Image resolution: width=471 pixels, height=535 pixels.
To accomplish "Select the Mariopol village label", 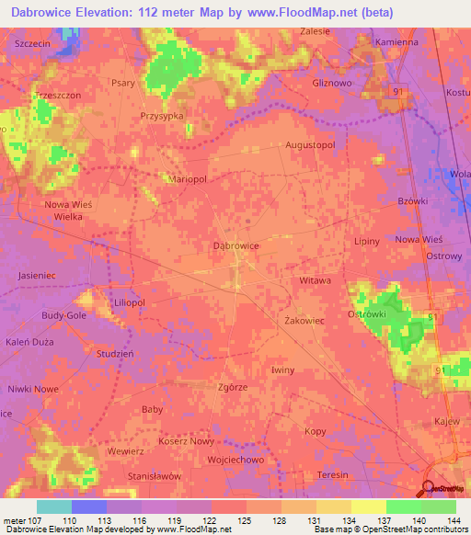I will pos(187,180).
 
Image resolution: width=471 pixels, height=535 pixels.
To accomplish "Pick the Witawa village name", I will pos(315,279).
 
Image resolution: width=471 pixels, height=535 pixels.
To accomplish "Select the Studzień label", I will pos(115,353).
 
